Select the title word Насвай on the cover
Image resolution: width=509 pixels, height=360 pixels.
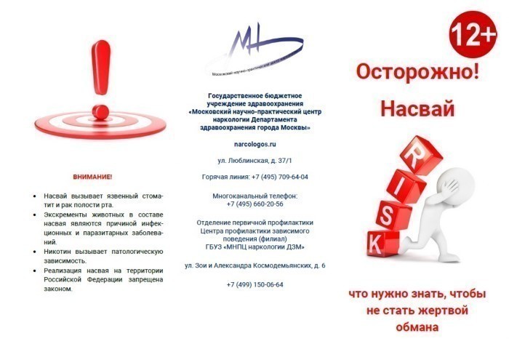click(417, 110)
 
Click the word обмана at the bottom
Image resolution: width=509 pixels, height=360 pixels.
click(417, 327)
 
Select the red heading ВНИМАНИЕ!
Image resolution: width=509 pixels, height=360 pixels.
click(92, 177)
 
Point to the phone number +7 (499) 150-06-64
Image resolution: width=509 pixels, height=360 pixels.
click(254, 284)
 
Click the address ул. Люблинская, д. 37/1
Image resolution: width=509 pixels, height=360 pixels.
click(254, 159)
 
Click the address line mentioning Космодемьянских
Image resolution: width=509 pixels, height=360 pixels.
click(254, 265)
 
